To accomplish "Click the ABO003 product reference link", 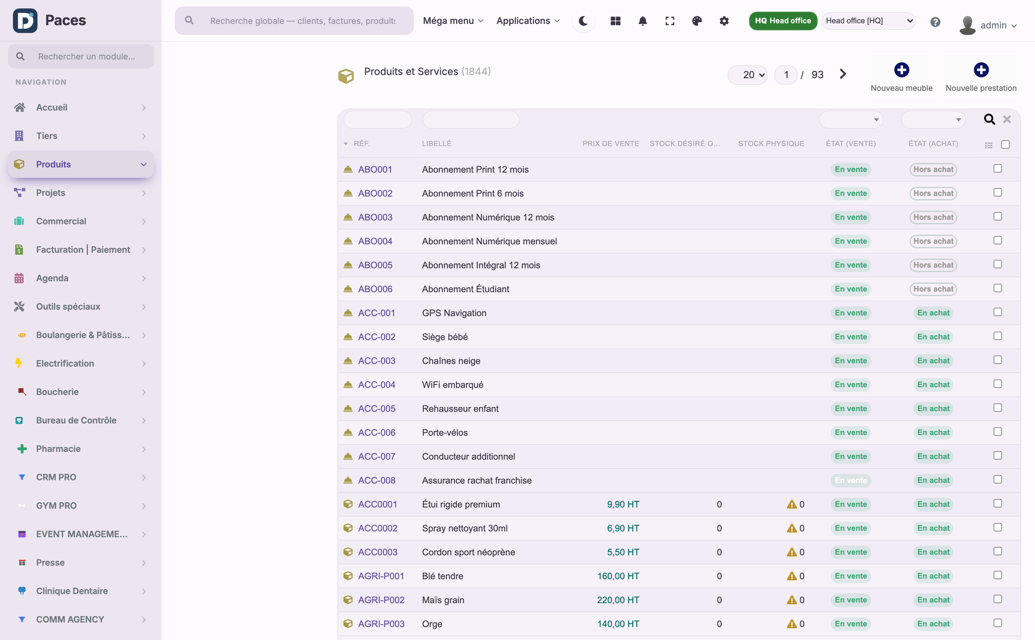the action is [375, 217].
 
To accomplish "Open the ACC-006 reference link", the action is [377, 433].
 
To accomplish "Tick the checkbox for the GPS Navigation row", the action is [998, 313].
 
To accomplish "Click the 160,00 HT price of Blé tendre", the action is [618, 576].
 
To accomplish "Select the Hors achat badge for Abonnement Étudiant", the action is [933, 289].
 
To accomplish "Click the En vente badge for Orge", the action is [850, 624].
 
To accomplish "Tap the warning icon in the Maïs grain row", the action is [791, 600].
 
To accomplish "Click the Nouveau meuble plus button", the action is [902, 70].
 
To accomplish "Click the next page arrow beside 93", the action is [843, 74].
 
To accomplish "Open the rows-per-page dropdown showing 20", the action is [748, 75].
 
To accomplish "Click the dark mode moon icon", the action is [583, 21].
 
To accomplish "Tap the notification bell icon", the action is [642, 21].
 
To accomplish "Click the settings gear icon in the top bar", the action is [724, 21].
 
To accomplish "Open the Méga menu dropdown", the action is [453, 21].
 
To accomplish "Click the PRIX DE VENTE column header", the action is [611, 144].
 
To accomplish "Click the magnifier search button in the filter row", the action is [989, 120].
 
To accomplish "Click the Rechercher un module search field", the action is [81, 56].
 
